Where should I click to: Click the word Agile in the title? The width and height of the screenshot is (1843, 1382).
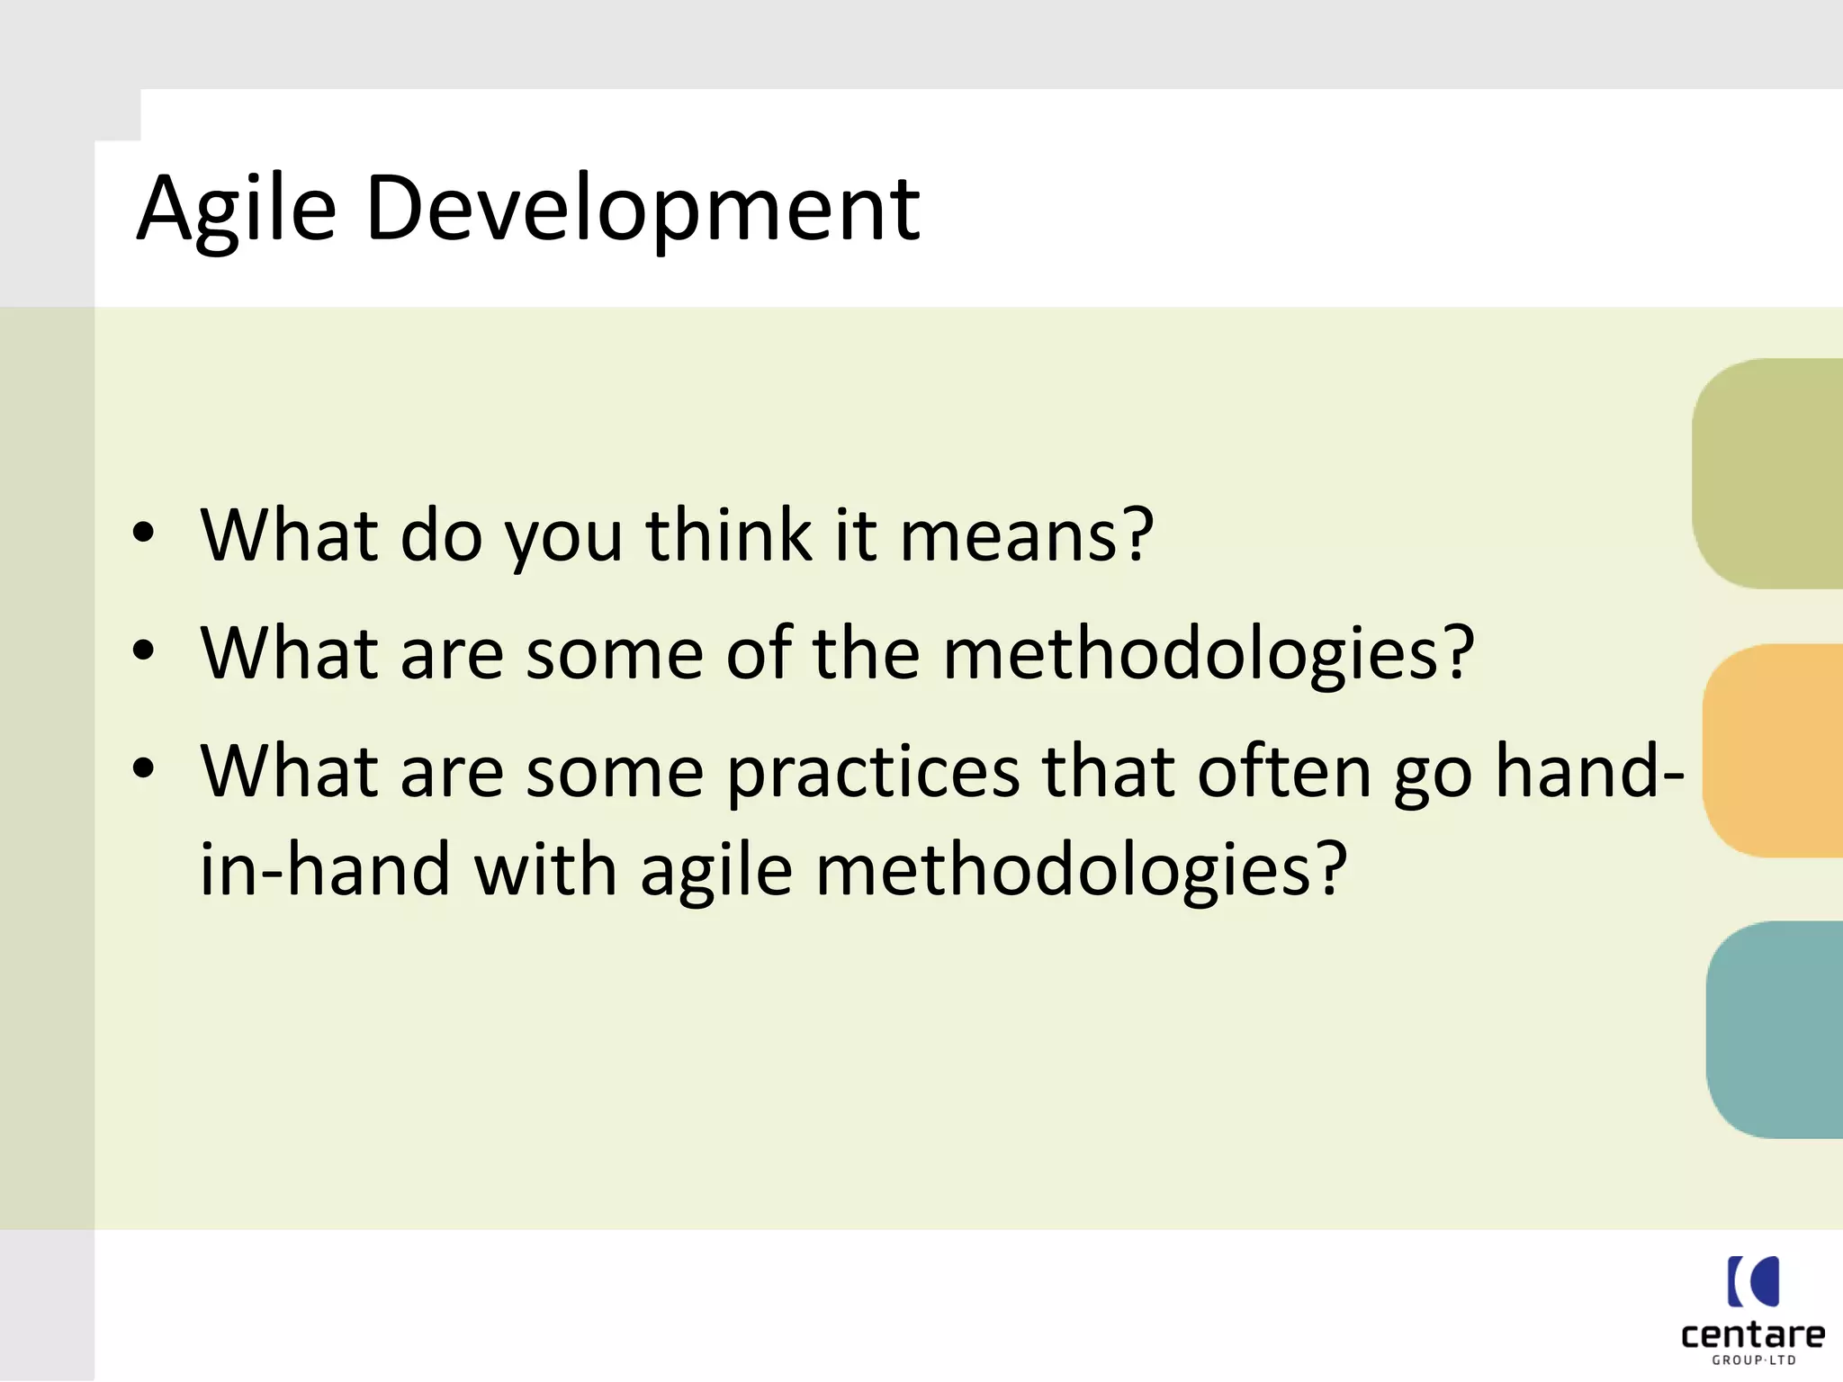237,209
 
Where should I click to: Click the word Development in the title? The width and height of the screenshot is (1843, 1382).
643,209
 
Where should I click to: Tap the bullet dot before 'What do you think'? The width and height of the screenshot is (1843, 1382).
143,533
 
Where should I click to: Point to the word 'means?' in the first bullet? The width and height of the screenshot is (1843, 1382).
1026,536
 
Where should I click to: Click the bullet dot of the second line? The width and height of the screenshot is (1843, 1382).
143,650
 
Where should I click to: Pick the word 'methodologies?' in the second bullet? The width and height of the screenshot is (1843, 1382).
1208,653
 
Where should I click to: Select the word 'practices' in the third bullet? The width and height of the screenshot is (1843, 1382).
873,772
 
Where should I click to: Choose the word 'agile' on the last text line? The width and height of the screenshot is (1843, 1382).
716,871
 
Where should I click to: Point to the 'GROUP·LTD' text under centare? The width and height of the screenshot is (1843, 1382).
1753,1360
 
